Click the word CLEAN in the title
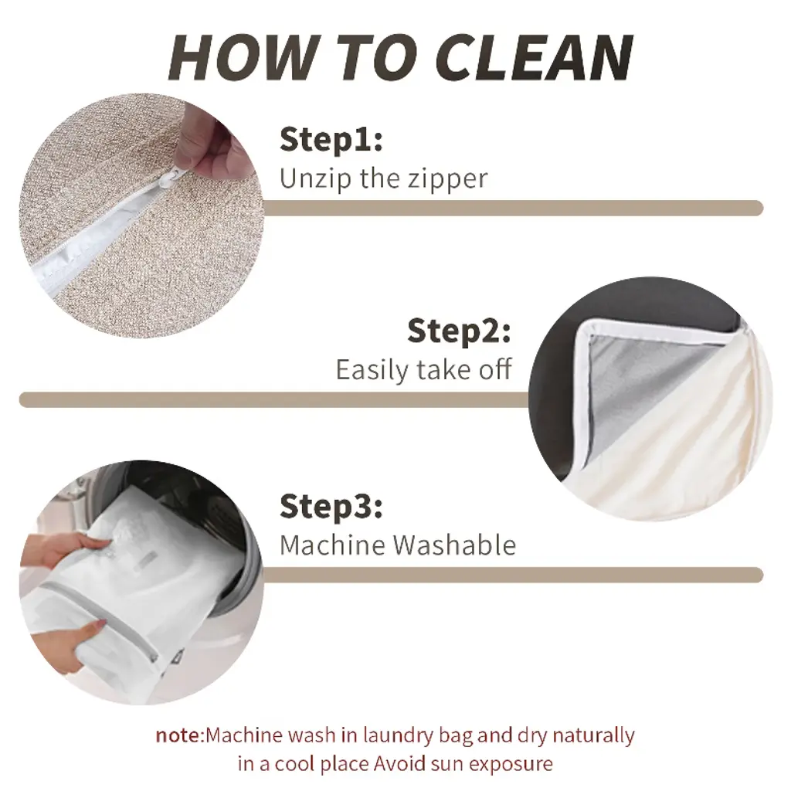coord(534,58)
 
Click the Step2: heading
coord(459,331)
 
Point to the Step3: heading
coord(331,506)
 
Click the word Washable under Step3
coord(454,545)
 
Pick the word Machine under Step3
coord(334,545)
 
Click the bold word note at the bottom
coord(178,736)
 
